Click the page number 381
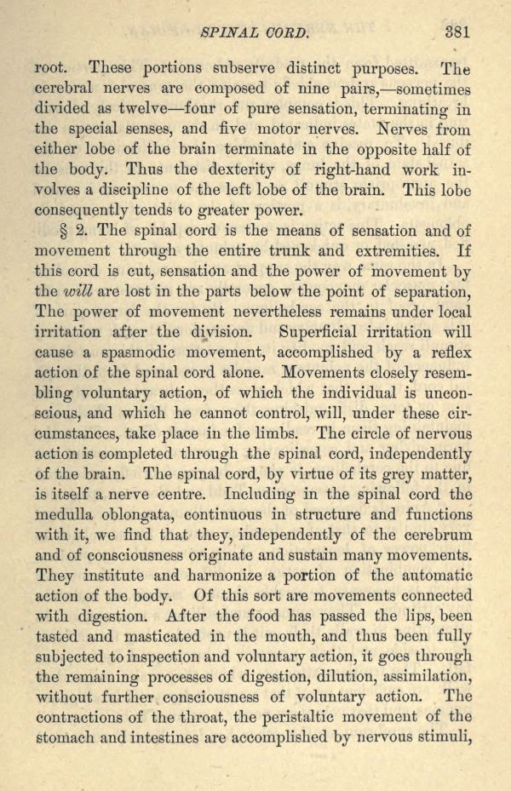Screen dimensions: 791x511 (x=457, y=34)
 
